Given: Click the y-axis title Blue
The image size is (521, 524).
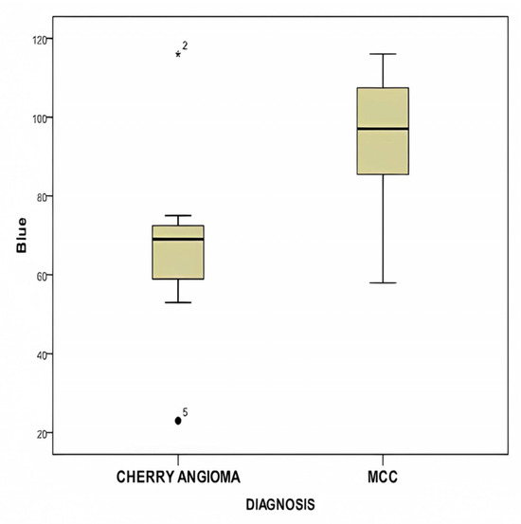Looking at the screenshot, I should pyautogui.click(x=21, y=236).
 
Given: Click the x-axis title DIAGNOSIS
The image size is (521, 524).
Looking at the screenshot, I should pyautogui.click(x=280, y=506).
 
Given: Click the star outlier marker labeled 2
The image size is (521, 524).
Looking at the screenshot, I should pyautogui.click(x=178, y=54).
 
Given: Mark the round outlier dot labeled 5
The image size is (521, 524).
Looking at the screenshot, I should pyautogui.click(x=178, y=421).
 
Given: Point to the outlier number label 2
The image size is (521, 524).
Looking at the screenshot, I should pyautogui.click(x=185, y=45).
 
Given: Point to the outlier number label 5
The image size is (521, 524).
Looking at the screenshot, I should pyautogui.click(x=185, y=412).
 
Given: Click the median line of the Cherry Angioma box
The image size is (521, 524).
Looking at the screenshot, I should pyautogui.click(x=178, y=239).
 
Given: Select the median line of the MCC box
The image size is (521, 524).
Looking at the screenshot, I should pyautogui.click(x=383, y=129).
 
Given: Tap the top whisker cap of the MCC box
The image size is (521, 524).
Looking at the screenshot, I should pyautogui.click(x=383, y=54).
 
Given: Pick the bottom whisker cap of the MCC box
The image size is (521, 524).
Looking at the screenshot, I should pyautogui.click(x=383, y=282).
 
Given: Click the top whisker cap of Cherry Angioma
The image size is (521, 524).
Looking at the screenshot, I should pyautogui.click(x=178, y=216).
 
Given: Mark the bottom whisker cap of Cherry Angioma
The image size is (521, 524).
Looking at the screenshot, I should pyautogui.click(x=178, y=302).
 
